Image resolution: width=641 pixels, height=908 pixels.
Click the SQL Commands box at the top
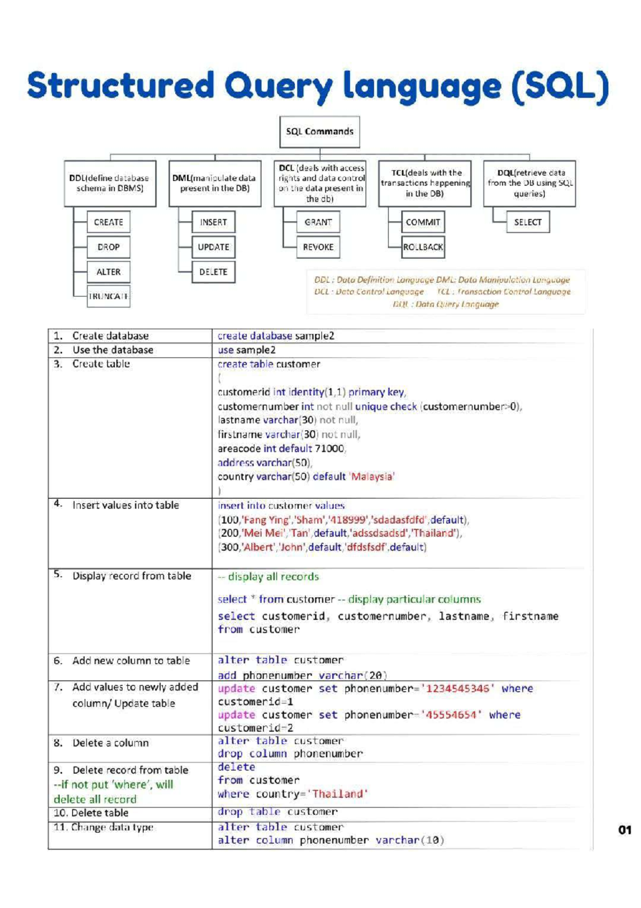pos(319,132)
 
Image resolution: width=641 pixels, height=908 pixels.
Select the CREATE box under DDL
pos(108,222)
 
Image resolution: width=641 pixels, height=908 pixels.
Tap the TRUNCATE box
pos(108,296)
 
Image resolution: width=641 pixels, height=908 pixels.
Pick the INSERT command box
pos(213,222)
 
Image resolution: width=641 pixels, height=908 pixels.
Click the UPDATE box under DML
pos(213,247)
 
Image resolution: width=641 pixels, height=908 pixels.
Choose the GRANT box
pos(318,222)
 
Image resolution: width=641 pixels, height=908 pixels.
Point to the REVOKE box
pos(318,247)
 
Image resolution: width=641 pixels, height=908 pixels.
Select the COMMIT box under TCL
pos(423,222)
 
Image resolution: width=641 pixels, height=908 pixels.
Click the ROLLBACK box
pos(423,247)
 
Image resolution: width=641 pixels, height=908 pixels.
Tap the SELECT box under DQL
pos(528,222)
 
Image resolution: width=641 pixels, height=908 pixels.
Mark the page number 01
pos(624,830)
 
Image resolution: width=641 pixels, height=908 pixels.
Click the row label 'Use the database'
pos(113,350)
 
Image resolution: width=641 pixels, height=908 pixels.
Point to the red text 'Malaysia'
pos(372,476)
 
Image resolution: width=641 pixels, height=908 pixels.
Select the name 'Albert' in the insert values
pos(258,547)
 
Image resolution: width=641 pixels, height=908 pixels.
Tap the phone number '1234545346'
pos(458,688)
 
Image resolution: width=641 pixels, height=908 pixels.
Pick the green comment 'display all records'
pos(273,576)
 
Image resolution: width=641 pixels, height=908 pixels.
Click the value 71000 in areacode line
pos(329,448)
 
